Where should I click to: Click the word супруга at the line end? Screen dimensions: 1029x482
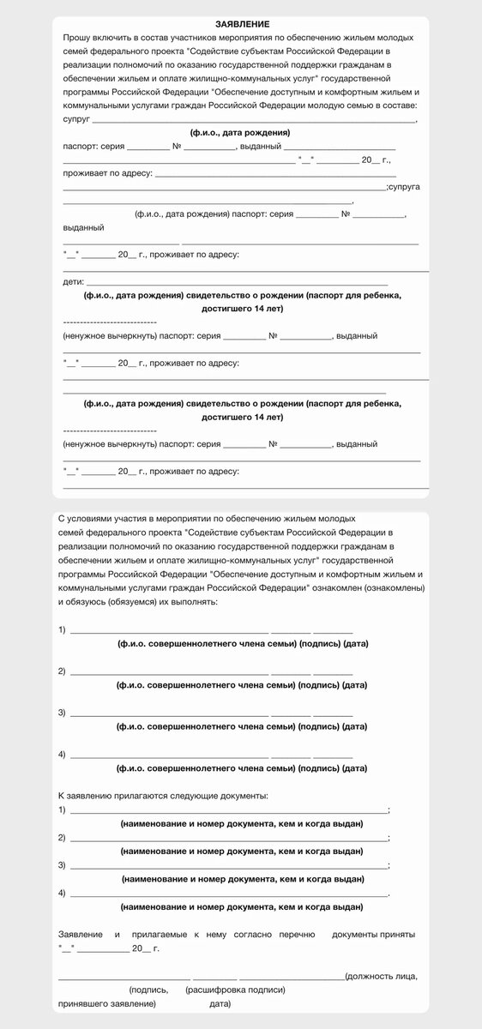pyautogui.click(x=405, y=186)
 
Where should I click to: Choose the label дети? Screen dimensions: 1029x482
pyautogui.click(x=73, y=281)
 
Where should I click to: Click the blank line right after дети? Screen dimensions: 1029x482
pyautogui.click(x=236, y=282)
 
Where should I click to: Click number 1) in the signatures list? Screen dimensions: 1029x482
pyautogui.click(x=62, y=630)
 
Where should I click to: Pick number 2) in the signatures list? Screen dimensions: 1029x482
pyautogui.click(x=62, y=671)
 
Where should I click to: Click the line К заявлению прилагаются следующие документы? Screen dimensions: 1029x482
pyautogui.click(x=163, y=797)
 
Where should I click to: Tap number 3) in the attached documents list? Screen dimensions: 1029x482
pyautogui.click(x=62, y=864)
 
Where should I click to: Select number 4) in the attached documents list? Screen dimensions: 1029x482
pyautogui.click(x=62, y=893)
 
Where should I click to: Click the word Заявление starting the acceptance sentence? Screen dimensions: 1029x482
pyautogui.click(x=80, y=933)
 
